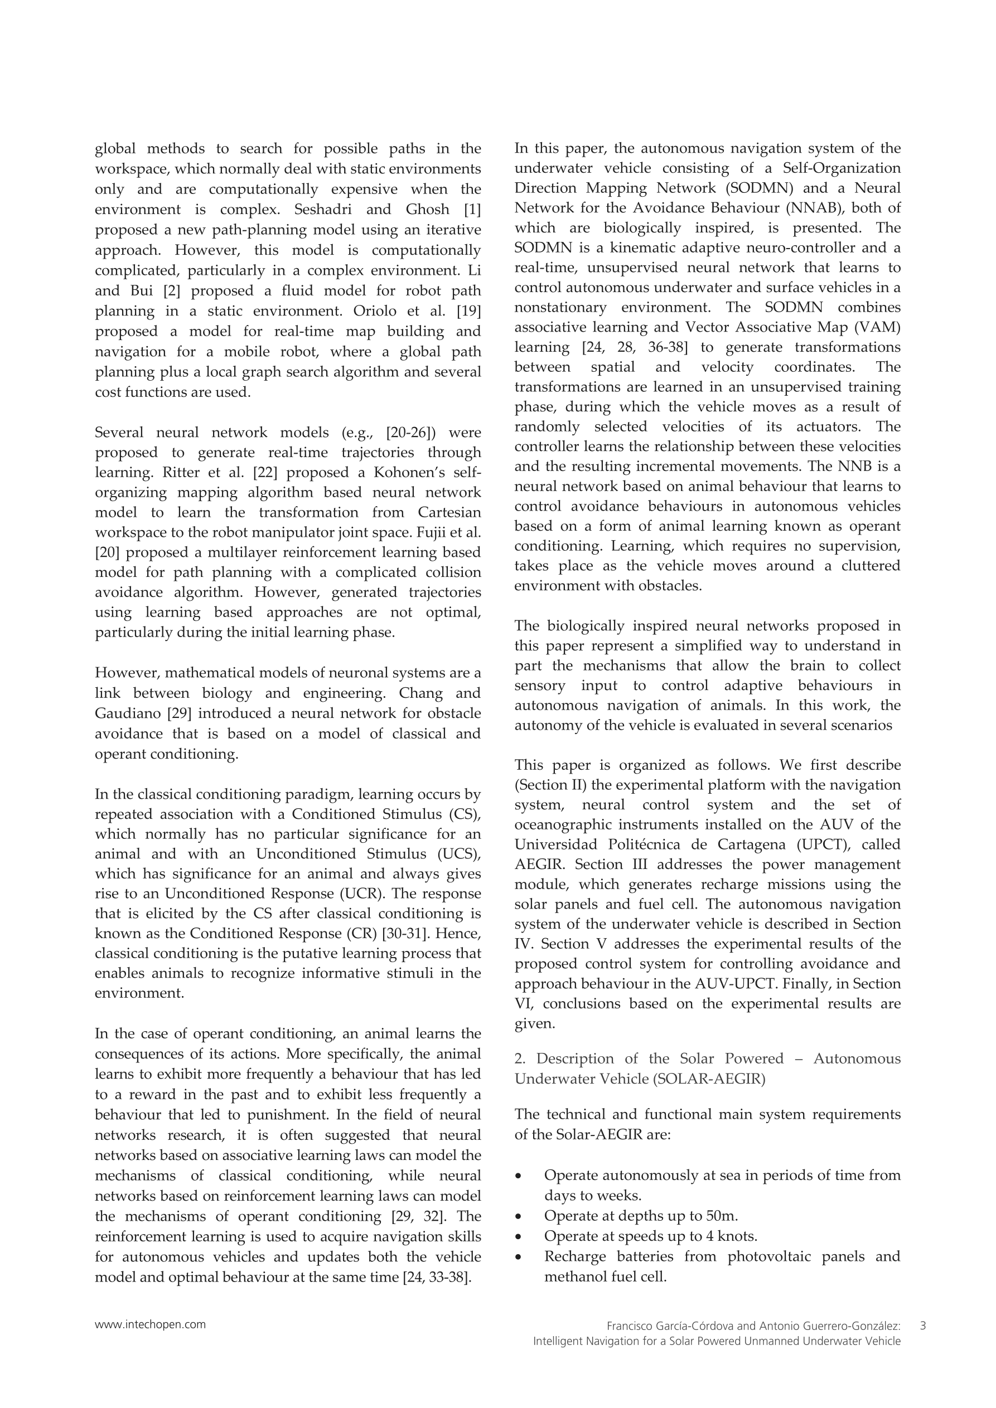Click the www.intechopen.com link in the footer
coord(150,1324)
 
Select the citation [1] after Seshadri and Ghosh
coord(471,210)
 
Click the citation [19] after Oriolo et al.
coord(468,311)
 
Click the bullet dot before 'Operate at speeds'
coord(519,1236)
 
